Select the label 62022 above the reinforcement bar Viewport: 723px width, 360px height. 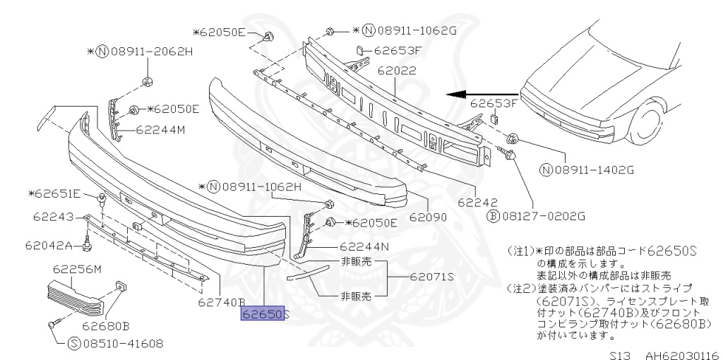coord(397,71)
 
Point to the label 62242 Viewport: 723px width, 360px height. coord(479,203)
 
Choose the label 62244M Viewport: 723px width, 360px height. coord(160,130)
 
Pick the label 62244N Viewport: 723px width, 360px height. coord(364,247)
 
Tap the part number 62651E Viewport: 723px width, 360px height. coord(59,193)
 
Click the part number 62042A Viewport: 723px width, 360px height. coord(49,246)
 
